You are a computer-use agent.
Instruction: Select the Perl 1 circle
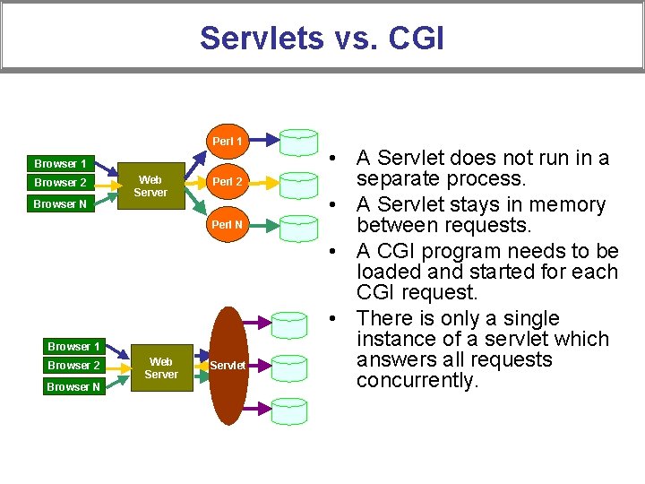click(x=227, y=141)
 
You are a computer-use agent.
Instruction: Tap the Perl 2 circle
click(x=227, y=182)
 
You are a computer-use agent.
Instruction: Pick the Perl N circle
click(x=227, y=224)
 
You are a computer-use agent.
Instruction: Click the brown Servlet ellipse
click(x=228, y=366)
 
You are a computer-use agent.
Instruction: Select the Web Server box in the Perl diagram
click(x=150, y=186)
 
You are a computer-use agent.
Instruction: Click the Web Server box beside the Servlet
click(x=161, y=368)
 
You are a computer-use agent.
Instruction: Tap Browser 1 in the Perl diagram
click(x=60, y=164)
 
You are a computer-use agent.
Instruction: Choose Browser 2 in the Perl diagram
click(x=60, y=183)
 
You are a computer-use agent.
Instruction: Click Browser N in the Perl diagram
click(x=60, y=204)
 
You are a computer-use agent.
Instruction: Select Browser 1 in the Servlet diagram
click(x=74, y=347)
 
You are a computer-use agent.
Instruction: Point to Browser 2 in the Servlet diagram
click(x=74, y=366)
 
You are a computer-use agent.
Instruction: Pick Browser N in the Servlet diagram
click(x=74, y=387)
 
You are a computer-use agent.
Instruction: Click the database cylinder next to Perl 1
click(x=299, y=142)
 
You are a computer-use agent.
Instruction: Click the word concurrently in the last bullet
click(x=417, y=381)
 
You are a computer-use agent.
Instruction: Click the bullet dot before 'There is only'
click(x=332, y=319)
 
